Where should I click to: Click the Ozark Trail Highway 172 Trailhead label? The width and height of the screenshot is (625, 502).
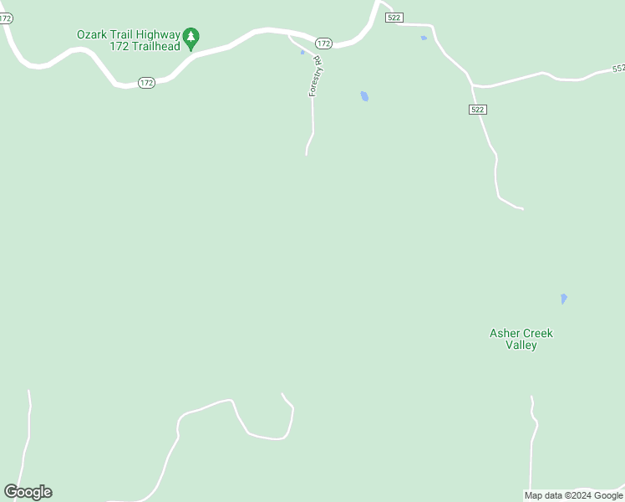pos(128,39)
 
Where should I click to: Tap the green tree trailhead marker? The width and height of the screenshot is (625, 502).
pos(191,37)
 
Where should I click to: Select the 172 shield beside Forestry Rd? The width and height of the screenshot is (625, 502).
pos(324,43)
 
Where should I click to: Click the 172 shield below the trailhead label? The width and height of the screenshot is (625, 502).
pos(146,82)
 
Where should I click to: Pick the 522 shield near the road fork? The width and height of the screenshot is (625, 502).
pos(477,110)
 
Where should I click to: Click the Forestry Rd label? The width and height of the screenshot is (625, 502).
pos(315,76)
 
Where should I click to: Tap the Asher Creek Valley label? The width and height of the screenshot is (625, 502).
pos(521,339)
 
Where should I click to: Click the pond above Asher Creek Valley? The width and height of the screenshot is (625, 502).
pos(563,298)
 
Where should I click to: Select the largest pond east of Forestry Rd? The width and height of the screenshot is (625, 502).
pos(363,96)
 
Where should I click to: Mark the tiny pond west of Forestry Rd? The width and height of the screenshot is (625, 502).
pos(302,53)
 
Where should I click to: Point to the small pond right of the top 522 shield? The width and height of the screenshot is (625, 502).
pos(424,38)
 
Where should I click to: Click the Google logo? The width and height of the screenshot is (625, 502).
pos(28,492)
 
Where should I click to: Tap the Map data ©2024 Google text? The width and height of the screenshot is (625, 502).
pos(573,495)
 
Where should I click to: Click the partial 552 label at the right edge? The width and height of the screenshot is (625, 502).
pos(617,69)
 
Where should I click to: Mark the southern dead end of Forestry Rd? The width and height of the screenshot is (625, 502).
pos(307,154)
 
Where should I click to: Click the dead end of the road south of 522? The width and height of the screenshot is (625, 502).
pos(522,208)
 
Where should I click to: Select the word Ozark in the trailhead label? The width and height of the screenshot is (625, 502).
pos(92,34)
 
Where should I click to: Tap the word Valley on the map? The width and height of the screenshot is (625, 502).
pos(521,345)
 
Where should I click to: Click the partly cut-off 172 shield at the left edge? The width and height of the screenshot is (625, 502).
pos(6,18)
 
